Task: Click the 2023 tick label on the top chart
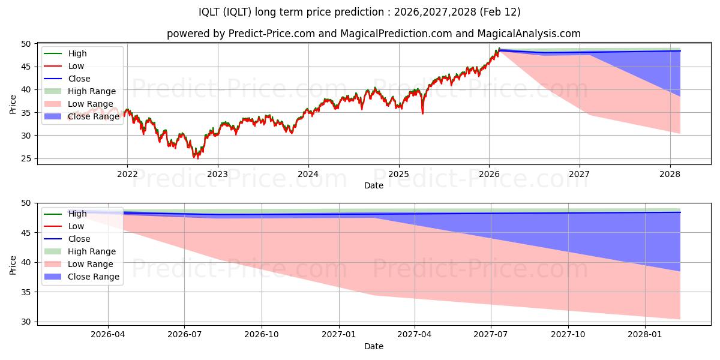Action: [x=217, y=175]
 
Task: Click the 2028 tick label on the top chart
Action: [x=670, y=175]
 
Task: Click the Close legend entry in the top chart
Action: [x=79, y=79]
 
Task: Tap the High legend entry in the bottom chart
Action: [x=77, y=214]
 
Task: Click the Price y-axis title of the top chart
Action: [x=13, y=104]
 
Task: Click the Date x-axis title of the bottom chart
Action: [x=373, y=346]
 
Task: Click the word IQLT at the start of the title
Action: [x=210, y=12]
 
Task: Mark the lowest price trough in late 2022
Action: [x=196, y=158]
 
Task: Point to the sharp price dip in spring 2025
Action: [x=422, y=113]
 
